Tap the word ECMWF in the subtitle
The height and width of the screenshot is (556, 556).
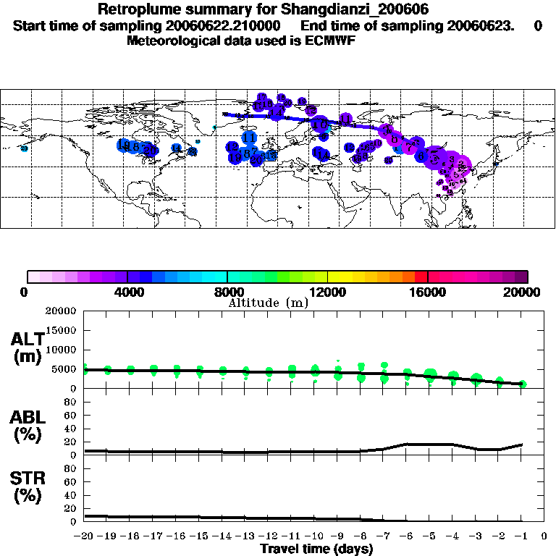click(332, 41)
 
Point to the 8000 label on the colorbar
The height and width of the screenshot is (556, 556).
click(227, 292)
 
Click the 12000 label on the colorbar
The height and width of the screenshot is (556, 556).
click(328, 292)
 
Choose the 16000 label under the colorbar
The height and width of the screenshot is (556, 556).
click(428, 292)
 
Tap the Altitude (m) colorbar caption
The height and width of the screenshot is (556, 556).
click(268, 303)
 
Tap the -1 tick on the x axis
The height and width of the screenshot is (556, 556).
click(521, 536)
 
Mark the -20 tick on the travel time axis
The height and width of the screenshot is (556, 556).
click(85, 536)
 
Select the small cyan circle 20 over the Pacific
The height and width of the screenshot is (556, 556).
click(25, 148)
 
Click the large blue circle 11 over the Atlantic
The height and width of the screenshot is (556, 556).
click(250, 137)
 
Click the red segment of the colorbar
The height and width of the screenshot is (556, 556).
click(421, 277)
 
